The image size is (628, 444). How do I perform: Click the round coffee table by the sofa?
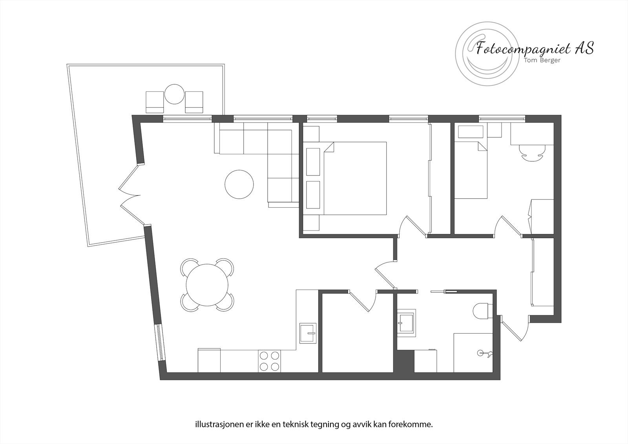(239, 184)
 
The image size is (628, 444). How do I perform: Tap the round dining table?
(207, 285)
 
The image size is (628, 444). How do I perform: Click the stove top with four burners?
(270, 361)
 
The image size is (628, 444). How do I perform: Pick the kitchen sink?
(308, 333)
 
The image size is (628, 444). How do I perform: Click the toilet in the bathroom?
(480, 312)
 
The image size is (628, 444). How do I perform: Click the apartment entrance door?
(513, 328)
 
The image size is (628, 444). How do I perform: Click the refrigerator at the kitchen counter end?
(209, 360)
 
